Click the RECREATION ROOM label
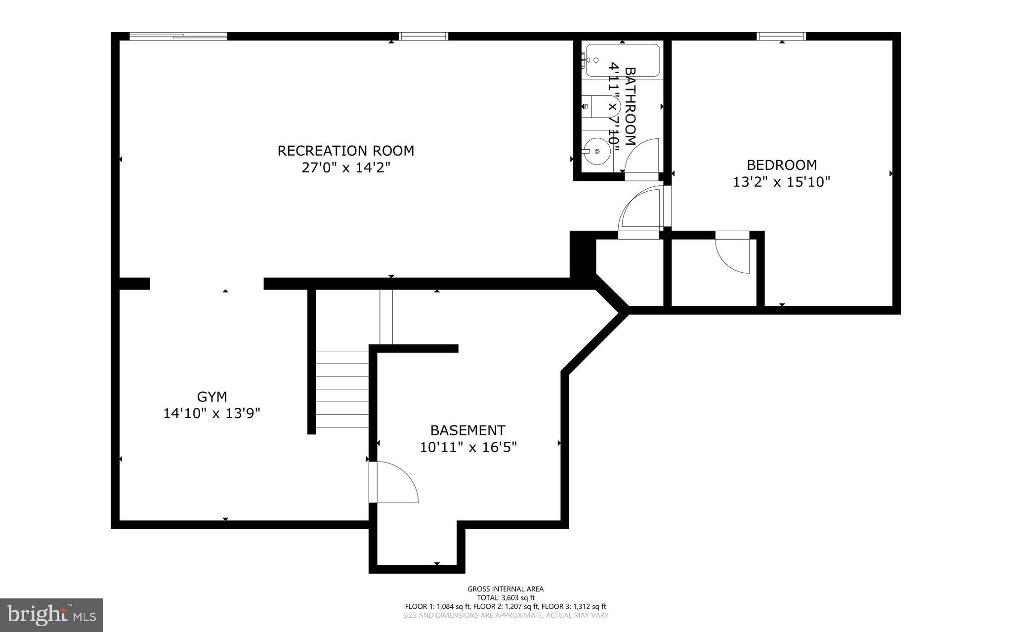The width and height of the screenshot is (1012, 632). [x=345, y=150]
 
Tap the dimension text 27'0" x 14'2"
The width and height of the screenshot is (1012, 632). [x=345, y=168]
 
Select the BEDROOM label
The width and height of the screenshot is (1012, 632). [x=781, y=165]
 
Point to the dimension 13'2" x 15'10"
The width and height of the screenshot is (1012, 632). [x=781, y=182]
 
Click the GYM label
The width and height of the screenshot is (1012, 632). [x=212, y=396]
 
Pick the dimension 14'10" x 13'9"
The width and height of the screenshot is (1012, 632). [x=211, y=413]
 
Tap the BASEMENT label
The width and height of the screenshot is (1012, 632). [x=467, y=430]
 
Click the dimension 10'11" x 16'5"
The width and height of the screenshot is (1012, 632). [x=468, y=447]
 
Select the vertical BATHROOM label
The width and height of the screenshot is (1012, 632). [x=630, y=106]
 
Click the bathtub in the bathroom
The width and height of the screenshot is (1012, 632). [x=623, y=60]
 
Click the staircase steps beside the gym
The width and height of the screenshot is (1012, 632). [x=342, y=389]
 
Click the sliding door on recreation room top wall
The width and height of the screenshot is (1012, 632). [x=178, y=36]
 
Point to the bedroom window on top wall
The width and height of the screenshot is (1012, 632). [x=781, y=36]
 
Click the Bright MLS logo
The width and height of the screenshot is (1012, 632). [x=51, y=615]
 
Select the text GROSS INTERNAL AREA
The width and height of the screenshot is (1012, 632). [x=505, y=589]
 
